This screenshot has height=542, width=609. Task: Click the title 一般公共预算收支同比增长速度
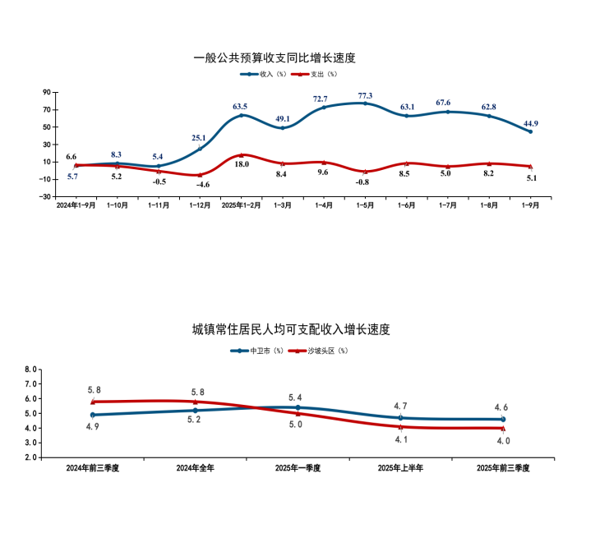[275, 58]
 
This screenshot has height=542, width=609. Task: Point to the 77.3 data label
[365, 96]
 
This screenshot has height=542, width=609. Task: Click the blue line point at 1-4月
[324, 107]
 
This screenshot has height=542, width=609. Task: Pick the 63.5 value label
[240, 107]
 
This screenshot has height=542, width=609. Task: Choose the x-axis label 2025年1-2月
[241, 205]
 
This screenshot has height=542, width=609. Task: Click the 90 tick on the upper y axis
[47, 92]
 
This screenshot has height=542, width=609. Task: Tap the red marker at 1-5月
[365, 172]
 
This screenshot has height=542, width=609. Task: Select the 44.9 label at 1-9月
[530, 124]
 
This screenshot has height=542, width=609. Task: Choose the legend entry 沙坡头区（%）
[325, 351]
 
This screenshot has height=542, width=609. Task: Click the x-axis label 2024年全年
[196, 468]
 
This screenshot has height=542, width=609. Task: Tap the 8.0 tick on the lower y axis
[30, 370]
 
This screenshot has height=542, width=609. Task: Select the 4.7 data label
[401, 406]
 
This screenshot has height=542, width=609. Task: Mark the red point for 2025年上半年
[400, 426]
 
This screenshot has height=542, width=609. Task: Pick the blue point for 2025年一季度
[298, 407]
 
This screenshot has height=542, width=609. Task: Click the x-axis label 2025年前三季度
[503, 468]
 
